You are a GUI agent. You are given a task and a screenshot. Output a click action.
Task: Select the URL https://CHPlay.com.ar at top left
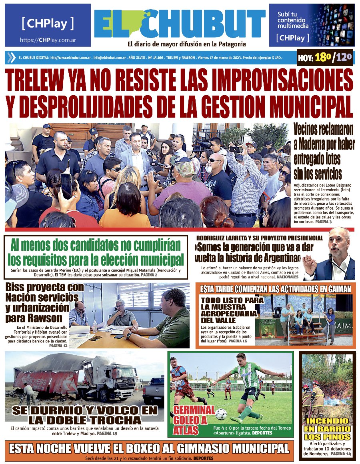(48, 40)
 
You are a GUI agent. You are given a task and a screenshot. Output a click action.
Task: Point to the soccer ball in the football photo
(221, 414)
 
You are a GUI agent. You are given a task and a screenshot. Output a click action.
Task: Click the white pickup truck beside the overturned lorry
(153, 390)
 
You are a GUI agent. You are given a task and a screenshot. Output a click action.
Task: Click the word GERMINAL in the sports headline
(194, 410)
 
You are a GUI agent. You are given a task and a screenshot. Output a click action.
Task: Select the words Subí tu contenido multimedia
(293, 20)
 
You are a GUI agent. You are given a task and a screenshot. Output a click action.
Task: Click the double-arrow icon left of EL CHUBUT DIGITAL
(11, 58)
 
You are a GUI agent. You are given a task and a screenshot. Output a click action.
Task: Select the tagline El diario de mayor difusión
(186, 44)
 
